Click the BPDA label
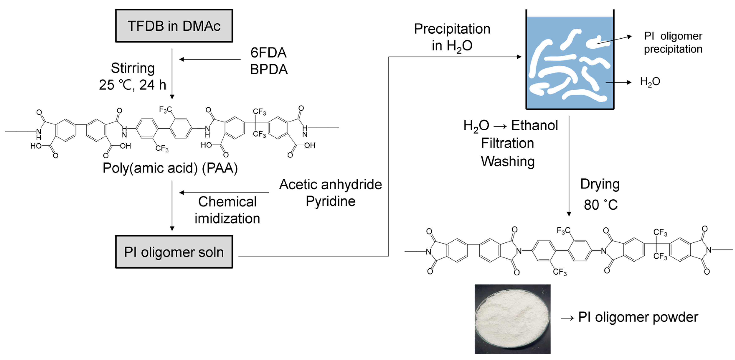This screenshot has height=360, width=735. pos(269,70)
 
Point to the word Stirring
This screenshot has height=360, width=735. pos(133,68)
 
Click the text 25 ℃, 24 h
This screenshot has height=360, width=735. pos(132,85)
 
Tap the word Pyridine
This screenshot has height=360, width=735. pos(330,201)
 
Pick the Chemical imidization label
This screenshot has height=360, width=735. pos(227,210)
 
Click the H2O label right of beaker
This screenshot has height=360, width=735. pos(650,82)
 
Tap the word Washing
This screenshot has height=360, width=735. pos(508,161)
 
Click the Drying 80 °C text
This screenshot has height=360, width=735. pos(600,194)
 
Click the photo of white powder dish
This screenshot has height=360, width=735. pos(512,319)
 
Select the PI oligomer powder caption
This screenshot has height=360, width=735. pos(638,317)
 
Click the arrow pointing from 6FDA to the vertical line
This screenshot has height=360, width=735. pos(210,59)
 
